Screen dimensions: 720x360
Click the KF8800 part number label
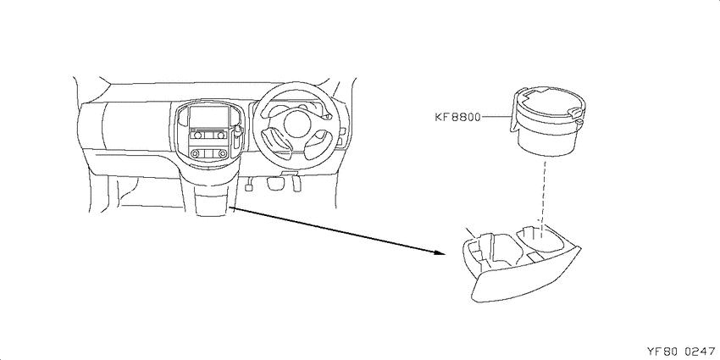(x=457, y=117)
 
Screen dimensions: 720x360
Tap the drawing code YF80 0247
(x=681, y=352)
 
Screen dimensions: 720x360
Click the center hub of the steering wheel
(x=296, y=124)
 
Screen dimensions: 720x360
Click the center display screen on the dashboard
(x=209, y=117)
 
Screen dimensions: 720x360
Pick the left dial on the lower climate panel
(x=196, y=154)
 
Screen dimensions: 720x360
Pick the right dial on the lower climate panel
(x=222, y=154)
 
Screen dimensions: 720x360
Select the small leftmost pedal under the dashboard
(x=250, y=186)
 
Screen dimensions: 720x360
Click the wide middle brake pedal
(x=275, y=183)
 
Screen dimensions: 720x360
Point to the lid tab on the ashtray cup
(x=575, y=112)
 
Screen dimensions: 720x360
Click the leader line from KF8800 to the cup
(x=496, y=117)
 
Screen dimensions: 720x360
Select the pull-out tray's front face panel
(x=524, y=281)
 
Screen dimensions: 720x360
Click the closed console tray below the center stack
(x=211, y=202)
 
